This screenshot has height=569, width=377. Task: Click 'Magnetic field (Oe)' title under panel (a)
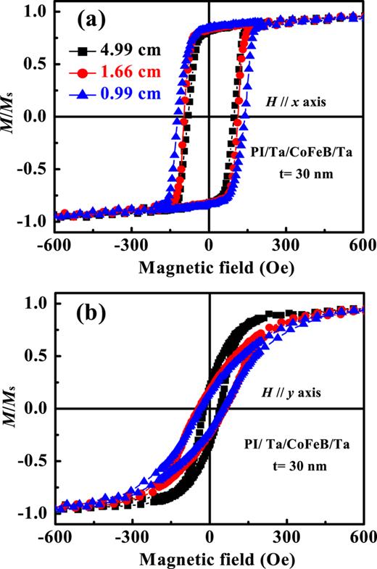(208, 268)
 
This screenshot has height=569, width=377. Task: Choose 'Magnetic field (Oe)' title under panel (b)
(208, 560)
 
